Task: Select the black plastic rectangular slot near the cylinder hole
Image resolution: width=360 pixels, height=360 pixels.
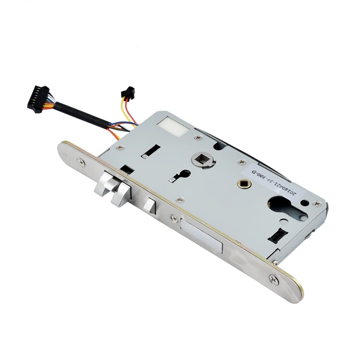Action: [x=277, y=234]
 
